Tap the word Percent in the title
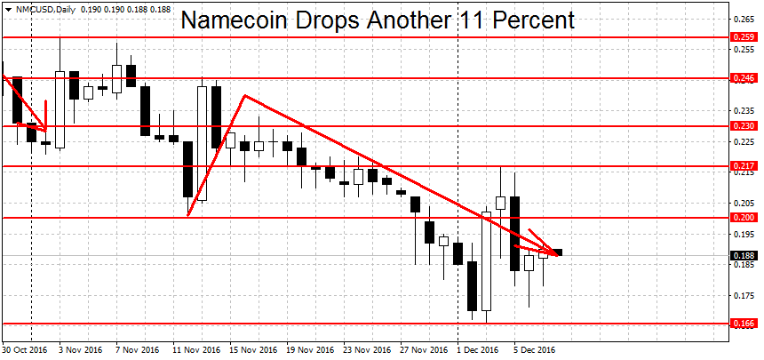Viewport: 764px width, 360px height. pyautogui.click(x=525, y=20)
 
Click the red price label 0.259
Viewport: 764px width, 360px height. pyautogui.click(x=743, y=37)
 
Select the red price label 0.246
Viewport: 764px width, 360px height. pyautogui.click(x=743, y=78)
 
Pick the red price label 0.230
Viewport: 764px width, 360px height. pyautogui.click(x=743, y=126)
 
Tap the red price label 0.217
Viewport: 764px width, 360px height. pyautogui.click(x=743, y=166)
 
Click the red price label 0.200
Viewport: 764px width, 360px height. pyautogui.click(x=743, y=218)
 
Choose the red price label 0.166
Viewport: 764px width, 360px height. pyautogui.click(x=743, y=324)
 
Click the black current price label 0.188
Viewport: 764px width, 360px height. pyautogui.click(x=743, y=256)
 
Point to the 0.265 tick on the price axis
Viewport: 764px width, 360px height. pyautogui.click(x=743, y=18)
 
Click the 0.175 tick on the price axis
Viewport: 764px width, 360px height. pyautogui.click(x=743, y=295)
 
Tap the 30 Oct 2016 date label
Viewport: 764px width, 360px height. pyautogui.click(x=25, y=350)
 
